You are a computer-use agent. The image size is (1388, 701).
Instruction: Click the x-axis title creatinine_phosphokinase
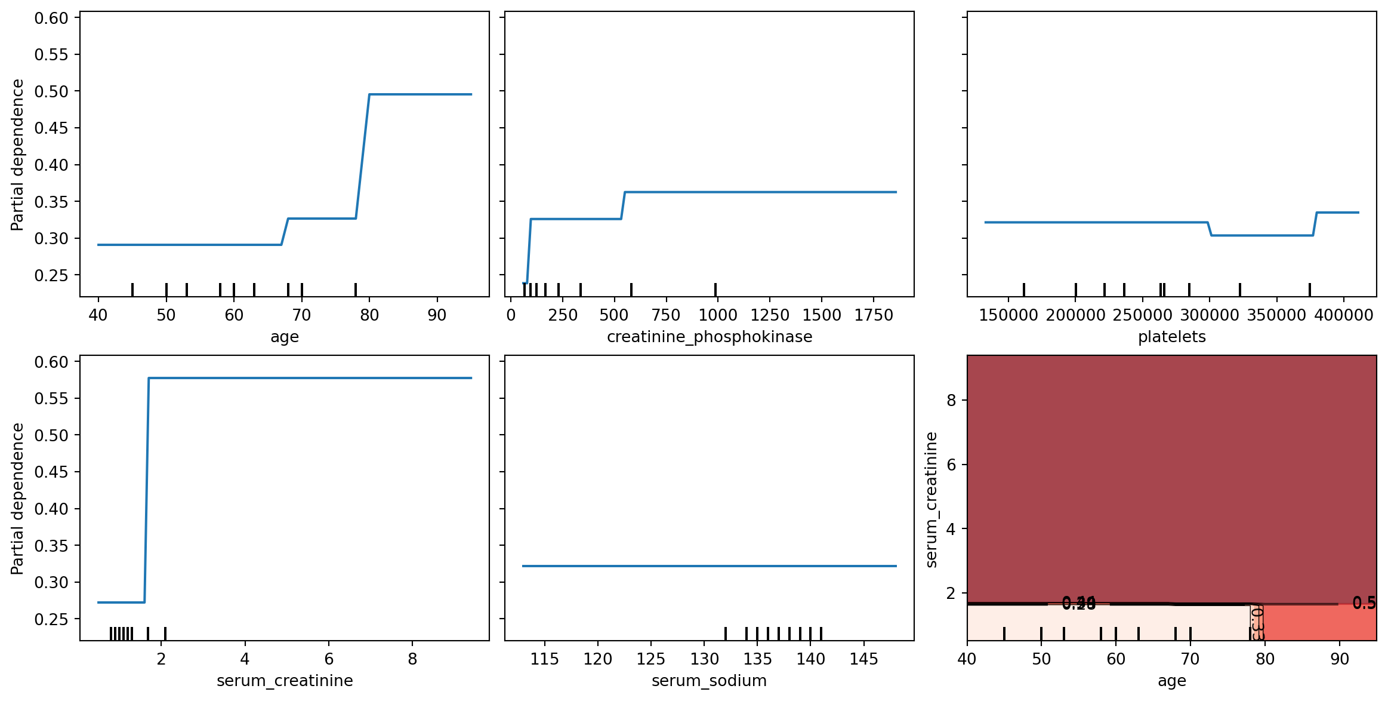[709, 337]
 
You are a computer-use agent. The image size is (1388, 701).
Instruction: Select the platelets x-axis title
[1171, 337]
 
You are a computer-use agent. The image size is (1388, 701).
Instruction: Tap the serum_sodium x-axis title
[709, 681]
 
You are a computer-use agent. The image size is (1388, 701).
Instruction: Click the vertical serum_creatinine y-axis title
[931, 499]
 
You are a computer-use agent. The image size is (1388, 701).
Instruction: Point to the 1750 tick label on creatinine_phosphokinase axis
[873, 315]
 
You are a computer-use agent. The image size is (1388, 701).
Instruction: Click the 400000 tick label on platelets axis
[1343, 315]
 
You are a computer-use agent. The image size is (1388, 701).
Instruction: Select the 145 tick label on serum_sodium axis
[863, 659]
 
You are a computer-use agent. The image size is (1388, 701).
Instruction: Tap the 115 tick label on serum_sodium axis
[544, 659]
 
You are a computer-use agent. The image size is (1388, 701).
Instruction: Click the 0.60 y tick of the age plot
[51, 19]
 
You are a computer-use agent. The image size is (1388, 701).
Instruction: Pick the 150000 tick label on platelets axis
[1008, 315]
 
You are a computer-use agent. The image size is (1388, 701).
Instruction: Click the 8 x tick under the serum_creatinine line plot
[412, 659]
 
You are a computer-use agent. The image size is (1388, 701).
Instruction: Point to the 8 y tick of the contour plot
[951, 400]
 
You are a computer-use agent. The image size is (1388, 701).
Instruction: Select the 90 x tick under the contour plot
[1340, 659]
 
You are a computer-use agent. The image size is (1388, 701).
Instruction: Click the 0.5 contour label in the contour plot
[1364, 603]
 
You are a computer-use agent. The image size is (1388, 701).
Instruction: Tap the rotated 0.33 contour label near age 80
[1256, 623]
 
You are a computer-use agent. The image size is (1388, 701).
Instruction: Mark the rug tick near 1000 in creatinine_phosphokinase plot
[715, 290]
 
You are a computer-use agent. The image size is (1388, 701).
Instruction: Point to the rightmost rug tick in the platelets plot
[1310, 290]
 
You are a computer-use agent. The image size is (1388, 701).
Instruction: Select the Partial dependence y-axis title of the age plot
[18, 155]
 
